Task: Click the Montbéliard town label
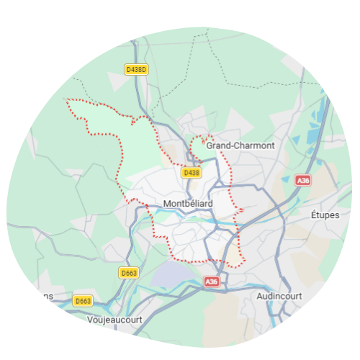[188, 204]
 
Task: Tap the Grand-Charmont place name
[240, 145]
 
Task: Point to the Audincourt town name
[279, 296]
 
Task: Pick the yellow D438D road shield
[135, 70]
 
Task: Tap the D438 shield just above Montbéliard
[191, 173]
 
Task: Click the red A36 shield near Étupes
[303, 181]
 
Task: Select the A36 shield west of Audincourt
[210, 282]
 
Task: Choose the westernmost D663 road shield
[83, 300]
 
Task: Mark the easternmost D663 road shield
[129, 273]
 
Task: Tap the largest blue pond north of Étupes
[315, 132]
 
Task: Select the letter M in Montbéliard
[168, 204]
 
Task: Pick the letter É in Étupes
[313, 215]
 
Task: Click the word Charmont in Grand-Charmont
[254, 145]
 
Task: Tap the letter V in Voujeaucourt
[89, 319]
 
